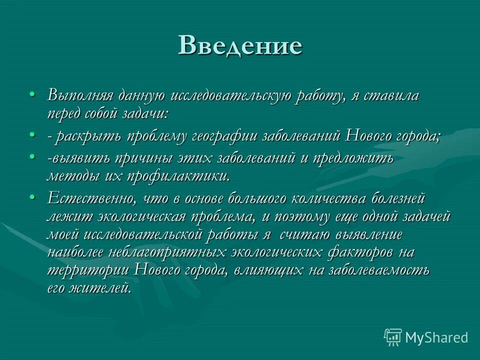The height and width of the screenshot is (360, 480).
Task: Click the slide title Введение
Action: pyautogui.click(x=240, y=45)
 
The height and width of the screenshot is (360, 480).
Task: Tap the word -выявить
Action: pyautogui.click(x=77, y=158)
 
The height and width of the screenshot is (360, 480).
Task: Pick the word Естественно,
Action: pyautogui.click(x=92, y=198)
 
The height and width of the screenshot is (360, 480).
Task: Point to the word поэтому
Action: pyautogui.click(x=303, y=216)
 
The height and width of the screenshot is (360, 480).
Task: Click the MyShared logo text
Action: pyautogui.click(x=436, y=337)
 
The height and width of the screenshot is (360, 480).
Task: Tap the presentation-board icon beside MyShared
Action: pyautogui.click(x=393, y=337)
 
